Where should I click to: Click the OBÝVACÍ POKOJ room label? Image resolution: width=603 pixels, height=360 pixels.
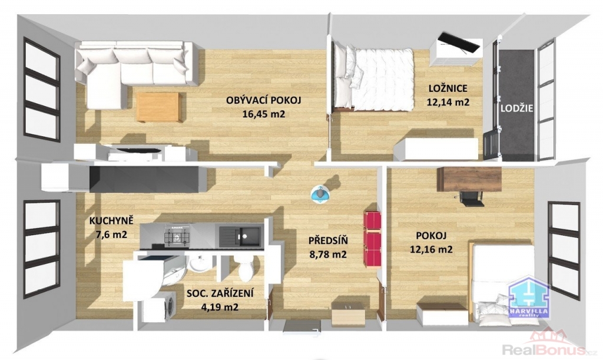click(263, 100)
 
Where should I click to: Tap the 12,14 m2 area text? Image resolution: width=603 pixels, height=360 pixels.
click(448, 103)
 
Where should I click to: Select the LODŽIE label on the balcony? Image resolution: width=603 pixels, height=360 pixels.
click(517, 108)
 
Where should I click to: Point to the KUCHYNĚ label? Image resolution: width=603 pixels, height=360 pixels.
click(111, 221)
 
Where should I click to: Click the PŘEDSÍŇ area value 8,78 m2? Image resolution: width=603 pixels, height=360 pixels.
click(328, 255)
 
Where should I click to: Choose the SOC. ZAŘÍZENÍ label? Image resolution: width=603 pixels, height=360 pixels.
click(220, 294)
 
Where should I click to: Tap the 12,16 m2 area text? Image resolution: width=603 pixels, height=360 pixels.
click(431, 249)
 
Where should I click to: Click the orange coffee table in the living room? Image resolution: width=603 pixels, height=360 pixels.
click(159, 107)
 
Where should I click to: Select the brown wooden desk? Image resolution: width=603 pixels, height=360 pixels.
click(469, 179)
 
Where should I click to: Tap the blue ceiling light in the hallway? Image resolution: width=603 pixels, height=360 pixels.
click(320, 194)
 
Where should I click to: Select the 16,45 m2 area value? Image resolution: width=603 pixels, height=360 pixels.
click(263, 114)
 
